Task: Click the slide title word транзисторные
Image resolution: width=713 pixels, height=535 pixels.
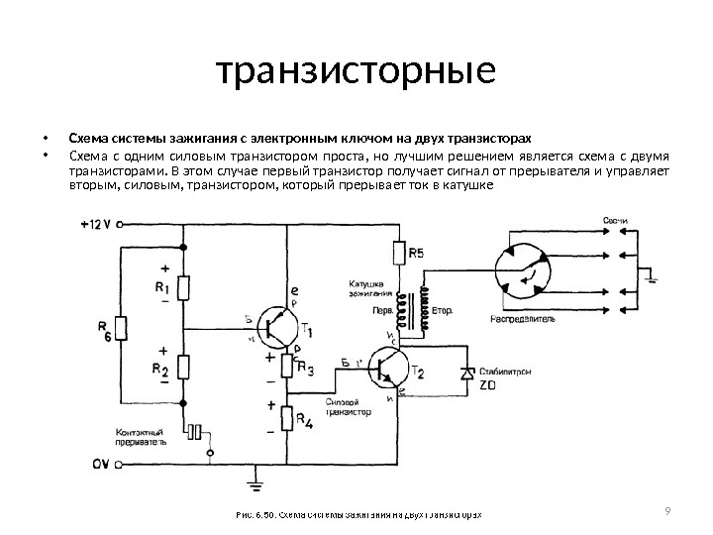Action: coord(356,72)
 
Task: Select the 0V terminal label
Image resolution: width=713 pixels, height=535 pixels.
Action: coord(99,463)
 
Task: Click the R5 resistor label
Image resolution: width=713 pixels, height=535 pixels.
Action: coord(416,254)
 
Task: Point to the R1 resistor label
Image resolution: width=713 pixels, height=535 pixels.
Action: coord(162,288)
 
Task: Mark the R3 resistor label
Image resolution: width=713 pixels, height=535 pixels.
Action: coord(305,371)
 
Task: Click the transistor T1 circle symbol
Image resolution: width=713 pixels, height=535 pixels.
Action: coord(277,327)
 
